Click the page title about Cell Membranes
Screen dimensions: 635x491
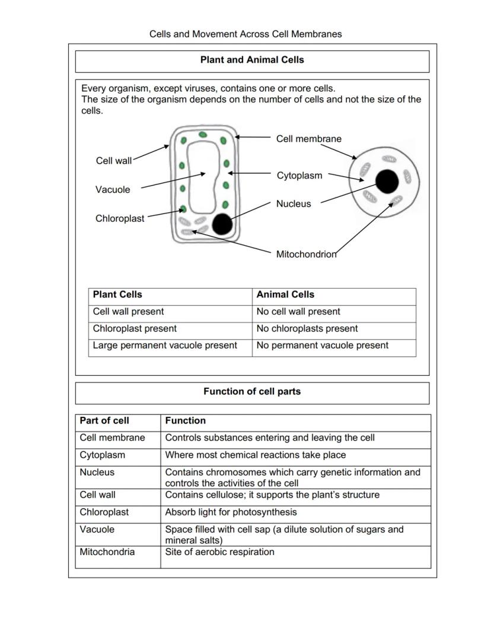[245, 34]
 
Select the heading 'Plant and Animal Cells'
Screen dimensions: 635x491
[252, 60]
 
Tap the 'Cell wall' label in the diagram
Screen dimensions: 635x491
[114, 161]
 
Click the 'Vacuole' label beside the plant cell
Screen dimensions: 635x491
[113, 190]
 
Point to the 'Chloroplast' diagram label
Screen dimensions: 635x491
[120, 218]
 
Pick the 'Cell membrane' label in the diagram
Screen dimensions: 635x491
[308, 139]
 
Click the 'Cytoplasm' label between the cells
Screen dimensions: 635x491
[299, 175]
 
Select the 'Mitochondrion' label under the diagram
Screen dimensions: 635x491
[306, 254]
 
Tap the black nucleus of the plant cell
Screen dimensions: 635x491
[222, 224]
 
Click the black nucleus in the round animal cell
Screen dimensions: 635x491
[387, 181]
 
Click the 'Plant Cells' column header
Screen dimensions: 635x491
[117, 295]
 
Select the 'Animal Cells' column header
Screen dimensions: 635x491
[285, 295]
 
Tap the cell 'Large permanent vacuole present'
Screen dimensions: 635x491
[165, 345]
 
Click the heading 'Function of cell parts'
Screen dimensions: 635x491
[252, 391]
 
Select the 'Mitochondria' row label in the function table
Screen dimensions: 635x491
[107, 552]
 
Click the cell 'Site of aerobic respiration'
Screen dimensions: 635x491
[219, 552]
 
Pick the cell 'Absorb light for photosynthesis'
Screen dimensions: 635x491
[231, 512]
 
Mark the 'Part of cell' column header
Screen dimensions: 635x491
[104, 420]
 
